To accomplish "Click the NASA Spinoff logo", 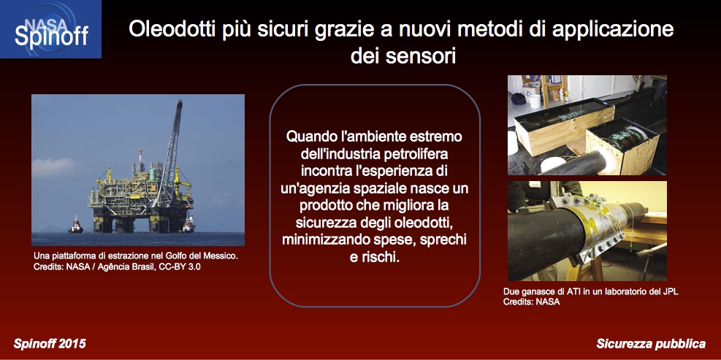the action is (50, 29).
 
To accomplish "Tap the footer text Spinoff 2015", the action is (50, 343).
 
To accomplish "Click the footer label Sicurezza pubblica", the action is (651, 343).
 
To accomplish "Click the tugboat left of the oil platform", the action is (75, 225).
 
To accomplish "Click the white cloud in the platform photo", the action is (53, 167).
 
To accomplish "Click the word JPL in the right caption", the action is (671, 291).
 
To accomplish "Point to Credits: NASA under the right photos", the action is (532, 302).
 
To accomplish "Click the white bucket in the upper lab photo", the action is (534, 100).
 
